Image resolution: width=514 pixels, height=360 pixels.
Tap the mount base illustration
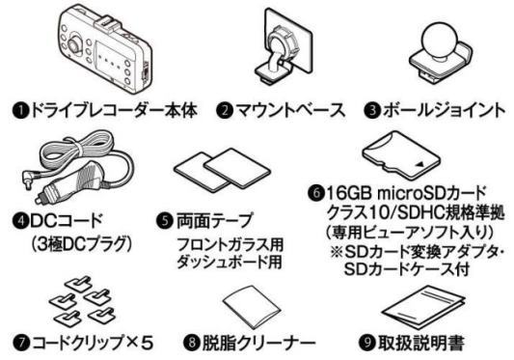pos(273,48)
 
